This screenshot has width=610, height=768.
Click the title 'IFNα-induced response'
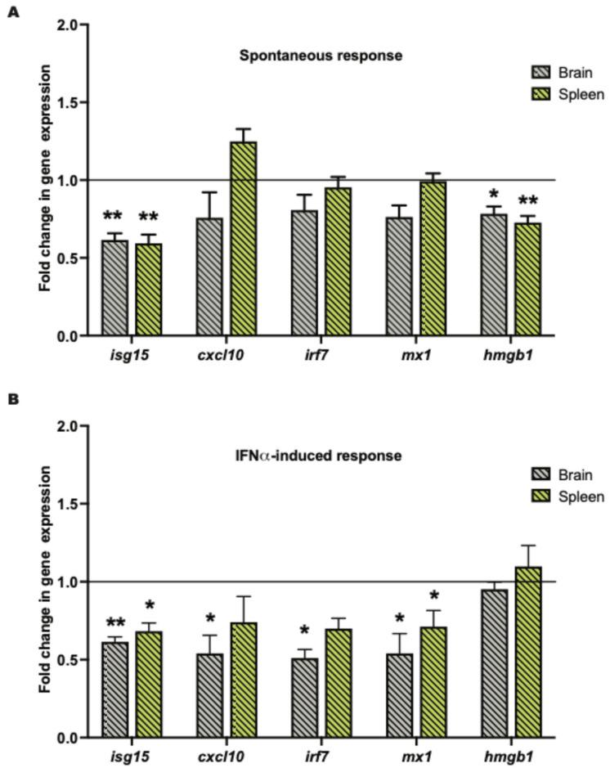point(319,456)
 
